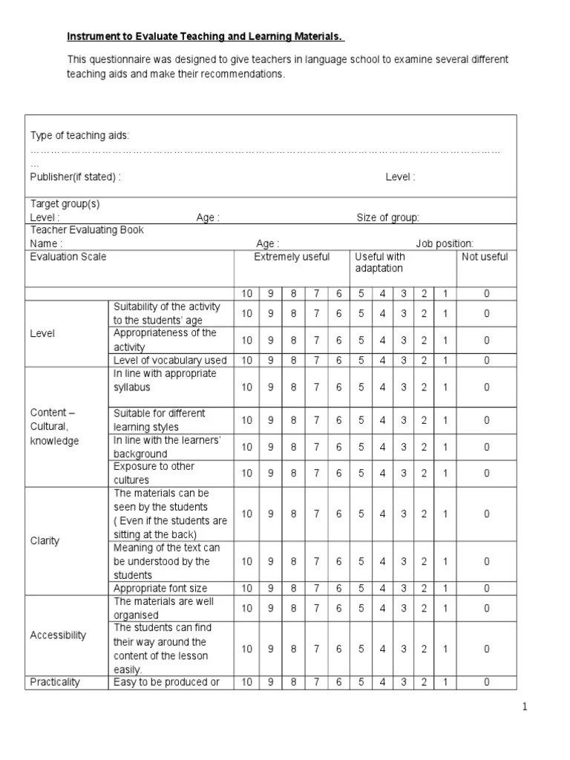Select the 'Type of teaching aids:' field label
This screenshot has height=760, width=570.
79,136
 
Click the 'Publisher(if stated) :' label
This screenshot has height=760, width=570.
75,177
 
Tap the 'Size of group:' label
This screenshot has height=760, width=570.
388,217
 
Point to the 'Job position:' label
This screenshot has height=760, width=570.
444,243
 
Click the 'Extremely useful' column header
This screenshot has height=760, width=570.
292,257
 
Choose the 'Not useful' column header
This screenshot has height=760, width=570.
485,257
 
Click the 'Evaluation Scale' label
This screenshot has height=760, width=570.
68,257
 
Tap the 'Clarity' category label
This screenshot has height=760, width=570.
45,540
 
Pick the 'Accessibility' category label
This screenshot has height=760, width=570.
58,635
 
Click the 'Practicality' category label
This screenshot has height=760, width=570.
55,682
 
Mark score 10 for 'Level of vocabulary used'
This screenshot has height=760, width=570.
246,360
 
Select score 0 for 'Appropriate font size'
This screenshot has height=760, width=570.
487,589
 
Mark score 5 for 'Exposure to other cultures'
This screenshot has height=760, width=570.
361,474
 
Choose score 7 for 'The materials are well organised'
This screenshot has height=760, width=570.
316,609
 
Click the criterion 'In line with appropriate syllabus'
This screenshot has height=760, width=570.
165,380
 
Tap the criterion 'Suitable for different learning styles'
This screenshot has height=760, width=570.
160,420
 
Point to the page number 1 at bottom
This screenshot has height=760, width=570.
524,707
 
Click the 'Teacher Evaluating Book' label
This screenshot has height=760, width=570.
87,230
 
